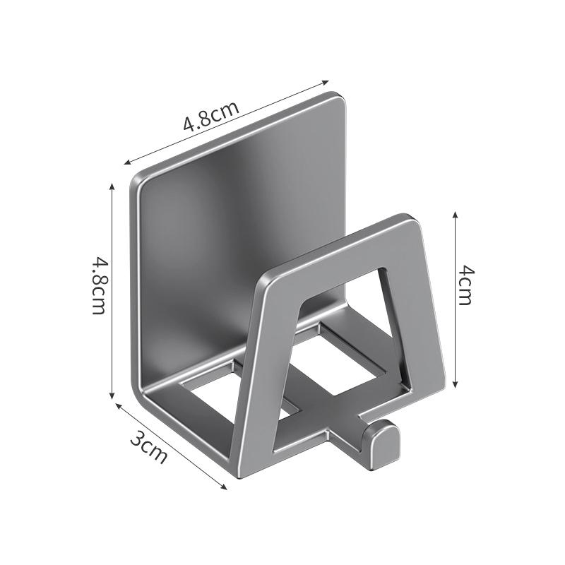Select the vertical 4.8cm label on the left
click(99, 285)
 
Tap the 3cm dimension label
click(149, 448)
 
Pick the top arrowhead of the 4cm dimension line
click(455, 215)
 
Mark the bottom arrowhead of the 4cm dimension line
click(455, 384)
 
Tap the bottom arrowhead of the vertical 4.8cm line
click(112, 395)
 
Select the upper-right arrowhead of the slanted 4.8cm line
click(326, 83)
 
